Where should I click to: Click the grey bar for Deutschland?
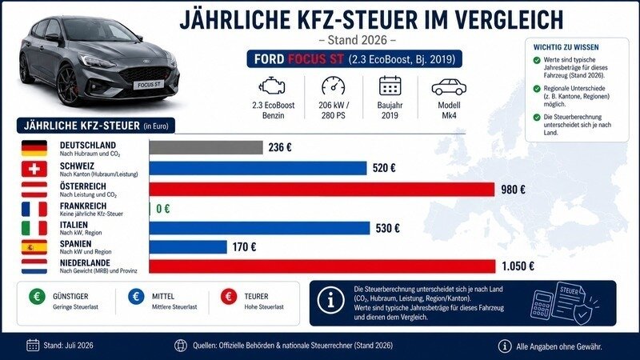tap(206, 147)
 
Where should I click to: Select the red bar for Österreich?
tap(322, 190)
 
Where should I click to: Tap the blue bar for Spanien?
tap(188, 247)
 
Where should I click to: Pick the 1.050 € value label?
tap(518, 266)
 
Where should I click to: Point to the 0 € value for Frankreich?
tap(163, 209)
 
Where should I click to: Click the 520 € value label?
tap(384, 168)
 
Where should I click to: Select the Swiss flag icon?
tap(34, 169)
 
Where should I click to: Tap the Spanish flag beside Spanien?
tap(34, 247)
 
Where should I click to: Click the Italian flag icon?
tap(34, 228)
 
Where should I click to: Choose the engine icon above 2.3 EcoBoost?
tap(272, 86)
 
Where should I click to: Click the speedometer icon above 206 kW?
tap(333, 86)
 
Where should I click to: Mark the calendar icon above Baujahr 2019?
tap(390, 86)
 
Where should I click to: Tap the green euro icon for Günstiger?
tap(37, 296)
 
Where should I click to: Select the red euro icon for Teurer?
tap(229, 296)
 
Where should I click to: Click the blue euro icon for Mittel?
tap(136, 296)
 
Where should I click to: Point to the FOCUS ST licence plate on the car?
tap(149, 85)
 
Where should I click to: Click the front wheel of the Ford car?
tap(68, 85)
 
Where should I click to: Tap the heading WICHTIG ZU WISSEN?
tap(566, 47)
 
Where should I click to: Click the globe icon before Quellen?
tap(181, 346)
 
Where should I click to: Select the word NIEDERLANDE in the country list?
tap(85, 263)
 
